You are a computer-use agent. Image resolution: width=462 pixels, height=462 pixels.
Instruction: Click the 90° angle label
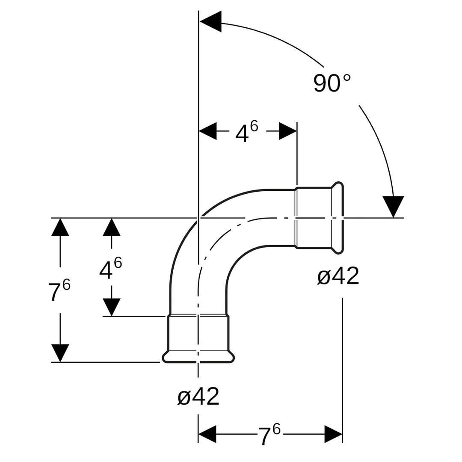coord(332,83)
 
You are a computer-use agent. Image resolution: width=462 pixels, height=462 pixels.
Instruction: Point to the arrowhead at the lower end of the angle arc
coord(393,206)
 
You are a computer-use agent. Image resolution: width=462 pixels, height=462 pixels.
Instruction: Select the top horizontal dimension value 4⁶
coord(247,132)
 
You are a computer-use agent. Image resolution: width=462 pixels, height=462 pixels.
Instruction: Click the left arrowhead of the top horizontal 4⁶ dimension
coord(208,131)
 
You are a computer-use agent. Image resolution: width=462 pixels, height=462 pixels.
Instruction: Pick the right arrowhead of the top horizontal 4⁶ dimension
coord(288,131)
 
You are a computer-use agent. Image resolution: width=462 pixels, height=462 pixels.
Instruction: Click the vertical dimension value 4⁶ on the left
coord(110,268)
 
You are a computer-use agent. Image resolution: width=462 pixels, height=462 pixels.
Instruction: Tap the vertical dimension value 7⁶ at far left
coord(59,291)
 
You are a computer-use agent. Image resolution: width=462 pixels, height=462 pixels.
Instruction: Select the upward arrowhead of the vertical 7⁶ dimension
coord(60,227)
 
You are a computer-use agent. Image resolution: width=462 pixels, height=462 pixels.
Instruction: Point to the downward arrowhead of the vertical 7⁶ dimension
coord(60,353)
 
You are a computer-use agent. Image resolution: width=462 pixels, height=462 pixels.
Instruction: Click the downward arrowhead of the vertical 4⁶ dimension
coord(112,307)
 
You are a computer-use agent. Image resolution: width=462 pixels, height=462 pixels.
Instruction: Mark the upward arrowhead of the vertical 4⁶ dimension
coord(112,227)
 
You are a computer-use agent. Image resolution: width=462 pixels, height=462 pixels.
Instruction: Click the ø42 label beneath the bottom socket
coord(198,397)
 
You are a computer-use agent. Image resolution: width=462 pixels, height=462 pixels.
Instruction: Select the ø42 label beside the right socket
coord(338,276)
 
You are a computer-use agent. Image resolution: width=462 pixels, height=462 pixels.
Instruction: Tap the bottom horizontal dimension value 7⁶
coord(269,435)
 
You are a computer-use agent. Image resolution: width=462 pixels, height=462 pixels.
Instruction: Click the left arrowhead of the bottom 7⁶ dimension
coord(207,434)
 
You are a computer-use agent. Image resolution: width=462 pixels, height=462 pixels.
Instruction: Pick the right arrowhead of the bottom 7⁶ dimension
coord(333,434)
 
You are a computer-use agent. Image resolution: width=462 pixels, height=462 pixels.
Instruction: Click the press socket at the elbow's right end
coord(319,218)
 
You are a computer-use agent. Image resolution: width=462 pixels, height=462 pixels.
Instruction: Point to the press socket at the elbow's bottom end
coord(198,338)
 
